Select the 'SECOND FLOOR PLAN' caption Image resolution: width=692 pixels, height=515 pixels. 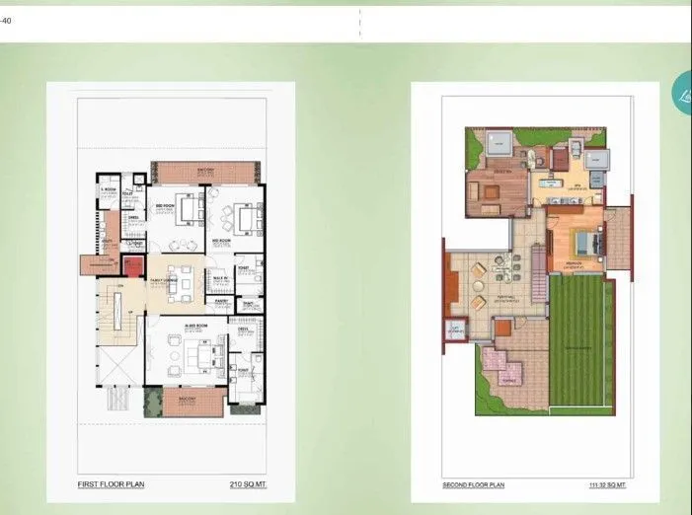coord(475,485)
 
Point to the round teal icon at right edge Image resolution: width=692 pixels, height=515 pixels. coord(682,94)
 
